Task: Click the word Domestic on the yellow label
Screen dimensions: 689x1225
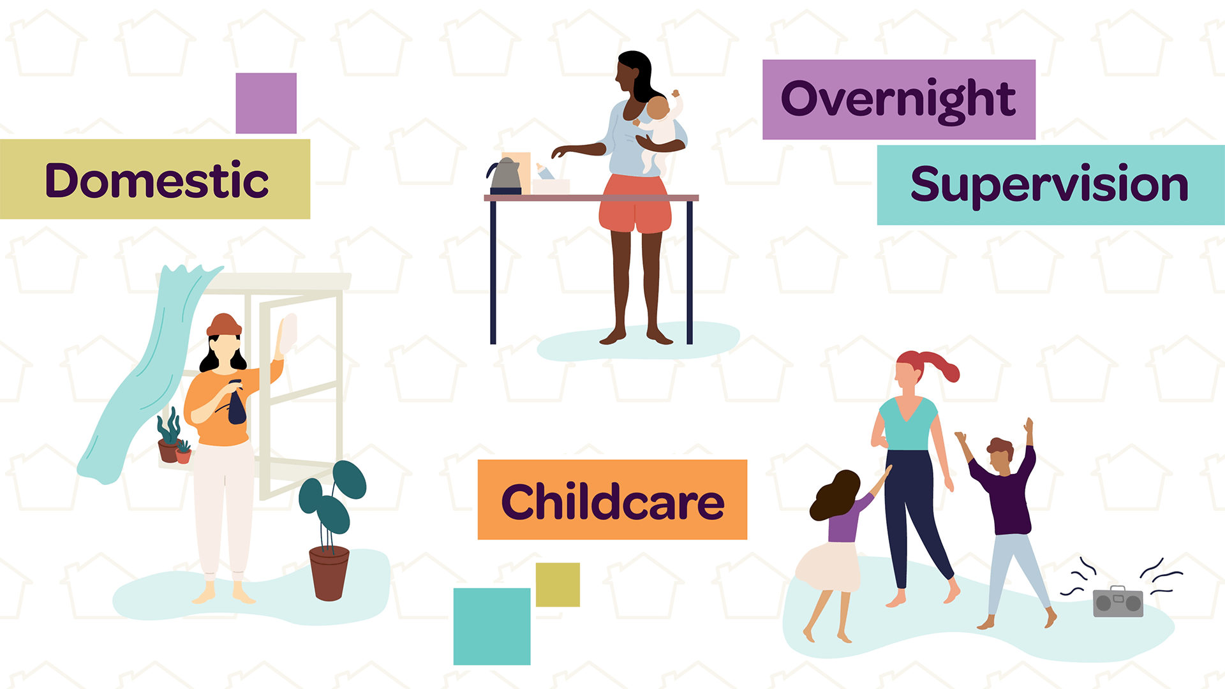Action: pos(156,181)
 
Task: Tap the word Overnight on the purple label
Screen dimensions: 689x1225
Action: pos(898,100)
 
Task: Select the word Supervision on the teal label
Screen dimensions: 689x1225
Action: pos(1049,184)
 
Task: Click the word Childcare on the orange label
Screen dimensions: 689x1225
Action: pos(612,502)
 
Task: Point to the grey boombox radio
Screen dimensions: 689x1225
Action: pos(1118,602)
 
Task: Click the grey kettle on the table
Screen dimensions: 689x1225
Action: pos(505,175)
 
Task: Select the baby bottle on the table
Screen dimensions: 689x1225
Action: pos(546,172)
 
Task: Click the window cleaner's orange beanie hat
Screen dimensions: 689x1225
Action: pos(224,325)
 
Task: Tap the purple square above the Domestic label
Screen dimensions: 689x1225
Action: pos(266,103)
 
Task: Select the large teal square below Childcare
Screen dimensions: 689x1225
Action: pos(492,626)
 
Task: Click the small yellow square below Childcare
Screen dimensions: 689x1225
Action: pos(558,584)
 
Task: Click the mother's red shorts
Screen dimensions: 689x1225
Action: pos(635,204)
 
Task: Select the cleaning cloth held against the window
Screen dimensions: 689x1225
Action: pos(288,333)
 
